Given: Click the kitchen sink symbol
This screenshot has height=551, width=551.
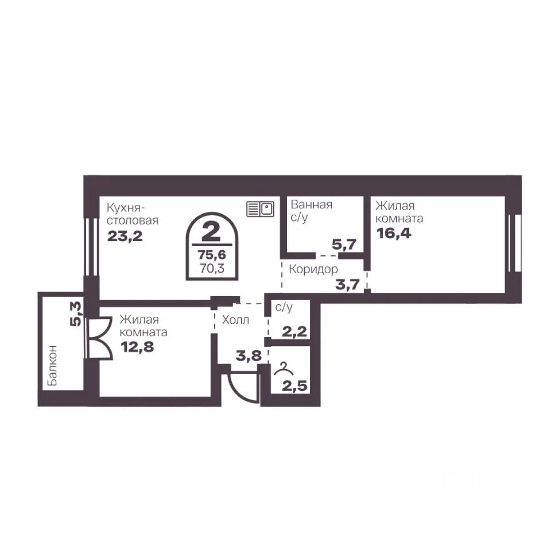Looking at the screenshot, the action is point(260,209).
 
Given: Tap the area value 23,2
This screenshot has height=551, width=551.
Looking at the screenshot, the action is point(125,236).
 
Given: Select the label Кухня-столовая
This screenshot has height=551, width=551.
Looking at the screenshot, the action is point(133,214).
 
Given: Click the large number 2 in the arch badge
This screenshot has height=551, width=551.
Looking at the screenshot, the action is point(212,232).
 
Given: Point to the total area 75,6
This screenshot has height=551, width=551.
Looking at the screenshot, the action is point(212,254).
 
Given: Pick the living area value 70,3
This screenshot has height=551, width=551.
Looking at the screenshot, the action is point(212,269).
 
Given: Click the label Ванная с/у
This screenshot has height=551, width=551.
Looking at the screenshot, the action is point(311,211).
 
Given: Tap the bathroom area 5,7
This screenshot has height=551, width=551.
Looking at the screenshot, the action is point(344,245).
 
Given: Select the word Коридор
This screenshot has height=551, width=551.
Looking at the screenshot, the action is point(313,269).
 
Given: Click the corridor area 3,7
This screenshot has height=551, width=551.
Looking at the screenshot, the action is point(348,284).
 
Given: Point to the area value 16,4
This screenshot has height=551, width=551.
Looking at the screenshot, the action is point(394,234).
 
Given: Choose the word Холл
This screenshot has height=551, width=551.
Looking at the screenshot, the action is point(235,320).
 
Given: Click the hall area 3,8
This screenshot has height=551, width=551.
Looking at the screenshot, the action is point(249,356).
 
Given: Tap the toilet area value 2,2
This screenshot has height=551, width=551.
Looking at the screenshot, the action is point(294,331).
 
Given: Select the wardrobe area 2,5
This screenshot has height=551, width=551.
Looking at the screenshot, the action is point(294,386).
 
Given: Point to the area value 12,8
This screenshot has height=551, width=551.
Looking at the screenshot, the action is point(137,347).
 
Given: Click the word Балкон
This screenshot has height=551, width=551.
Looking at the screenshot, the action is point(52,365).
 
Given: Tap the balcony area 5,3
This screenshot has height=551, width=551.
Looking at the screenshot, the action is point(76,314).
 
